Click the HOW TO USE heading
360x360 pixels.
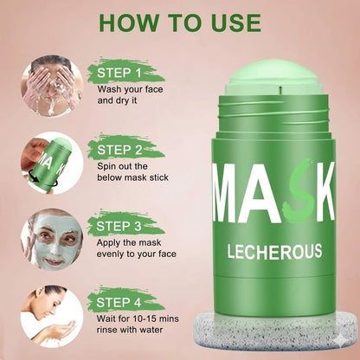point(180,20)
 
